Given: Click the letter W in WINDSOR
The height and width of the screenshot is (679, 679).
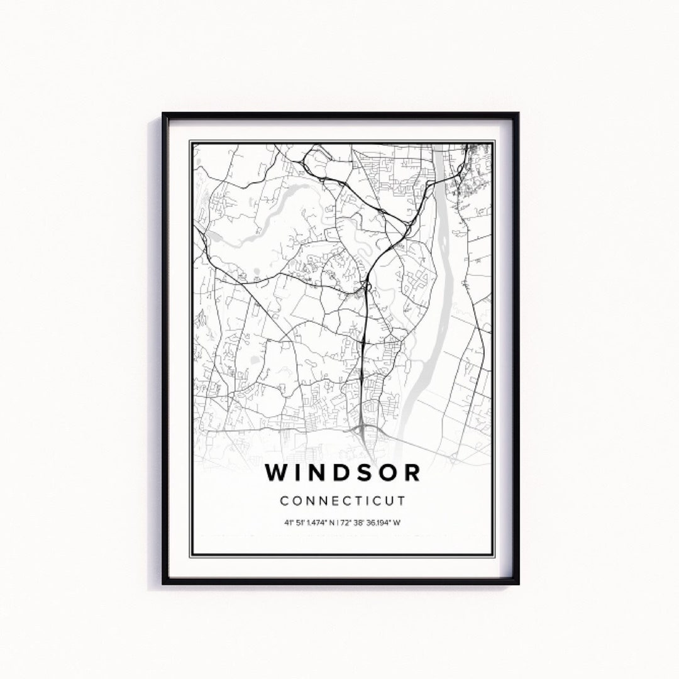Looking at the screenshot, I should click(278, 472).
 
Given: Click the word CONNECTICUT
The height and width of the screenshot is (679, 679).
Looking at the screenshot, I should click(343, 501).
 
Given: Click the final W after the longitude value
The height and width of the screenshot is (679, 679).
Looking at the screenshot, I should click(398, 522).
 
